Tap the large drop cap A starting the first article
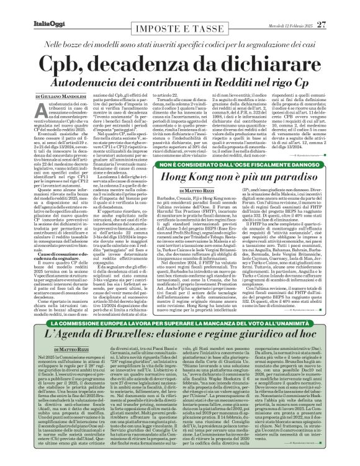tap(19, 111)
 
